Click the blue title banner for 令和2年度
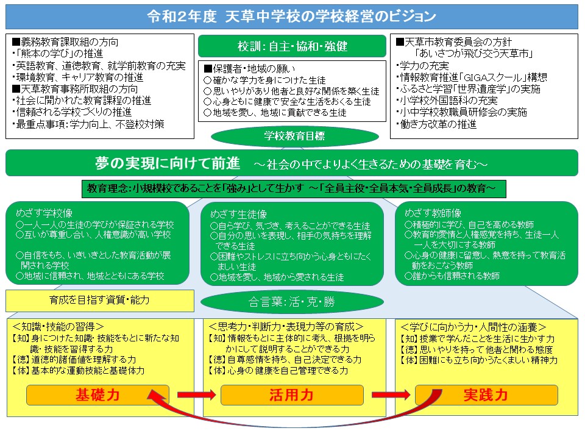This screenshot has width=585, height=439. pyautogui.click(x=292, y=16)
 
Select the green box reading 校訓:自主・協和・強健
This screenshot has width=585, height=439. pyautogui.click(x=292, y=46)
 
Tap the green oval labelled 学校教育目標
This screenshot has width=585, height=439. pyautogui.click(x=295, y=136)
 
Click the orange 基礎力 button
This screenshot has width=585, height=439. pyautogui.click(x=97, y=395)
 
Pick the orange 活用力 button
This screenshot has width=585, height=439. pyautogui.click(x=292, y=395)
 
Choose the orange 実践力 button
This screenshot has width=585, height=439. pyautogui.click(x=486, y=395)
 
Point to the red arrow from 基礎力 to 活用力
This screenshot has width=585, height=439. pyautogui.click(x=197, y=395)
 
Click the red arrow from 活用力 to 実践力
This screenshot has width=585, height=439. pyautogui.click(x=391, y=395)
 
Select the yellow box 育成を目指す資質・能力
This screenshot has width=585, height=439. pyautogui.click(x=99, y=300)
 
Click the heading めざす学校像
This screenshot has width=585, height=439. pyautogui.click(x=44, y=213)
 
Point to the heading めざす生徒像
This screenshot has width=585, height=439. pyautogui.click(x=239, y=214)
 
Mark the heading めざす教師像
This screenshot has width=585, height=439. pyautogui.click(x=433, y=213)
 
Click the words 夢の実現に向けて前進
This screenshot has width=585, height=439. pyautogui.click(x=168, y=163)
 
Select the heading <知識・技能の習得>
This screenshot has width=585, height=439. pyautogui.click(x=58, y=327)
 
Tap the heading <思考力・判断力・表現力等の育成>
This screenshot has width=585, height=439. pyautogui.click(x=286, y=327)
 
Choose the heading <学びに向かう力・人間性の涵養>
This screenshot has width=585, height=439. pyautogui.click(x=473, y=327)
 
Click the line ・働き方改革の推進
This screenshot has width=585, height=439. pyautogui.click(x=436, y=124)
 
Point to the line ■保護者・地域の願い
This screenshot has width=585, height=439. pyautogui.click(x=249, y=69)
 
